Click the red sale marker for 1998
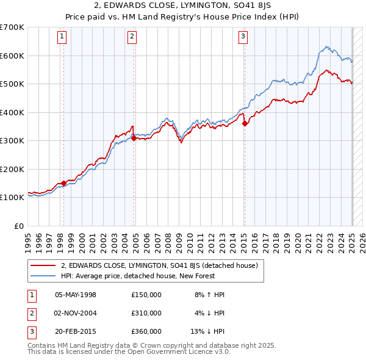(63, 183)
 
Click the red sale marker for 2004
(134, 138)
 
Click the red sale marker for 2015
(245, 124)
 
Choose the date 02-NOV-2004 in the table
(76, 313)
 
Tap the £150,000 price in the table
(146, 295)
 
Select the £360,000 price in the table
(146, 331)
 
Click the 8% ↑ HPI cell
(210, 295)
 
